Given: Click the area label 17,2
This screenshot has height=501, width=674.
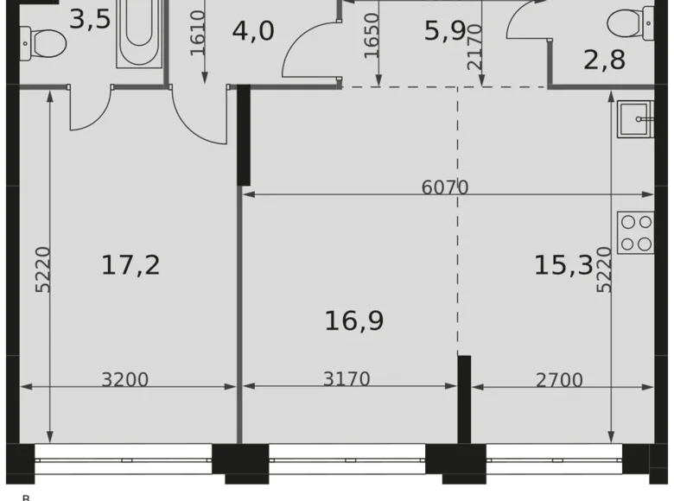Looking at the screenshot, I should coord(130,265).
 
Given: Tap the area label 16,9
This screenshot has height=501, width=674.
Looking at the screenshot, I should coord(354,321).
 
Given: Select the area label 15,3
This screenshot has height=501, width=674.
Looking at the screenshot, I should coord(563,265).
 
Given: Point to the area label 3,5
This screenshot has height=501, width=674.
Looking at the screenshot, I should coord(90,18).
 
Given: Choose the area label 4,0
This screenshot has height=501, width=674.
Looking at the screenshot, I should coord(253,31).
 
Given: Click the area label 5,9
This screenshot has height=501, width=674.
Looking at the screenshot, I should coord(445,31).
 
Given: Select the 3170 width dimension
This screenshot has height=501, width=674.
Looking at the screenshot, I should coord(347,379).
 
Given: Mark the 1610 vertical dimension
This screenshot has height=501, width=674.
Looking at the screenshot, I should coord(199,33).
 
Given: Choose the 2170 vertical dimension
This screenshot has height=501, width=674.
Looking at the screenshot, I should coord(474,45).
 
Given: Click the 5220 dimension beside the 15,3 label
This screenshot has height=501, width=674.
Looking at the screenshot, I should coord(604,270).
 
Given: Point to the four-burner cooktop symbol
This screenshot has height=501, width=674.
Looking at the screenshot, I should coord(637,232).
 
